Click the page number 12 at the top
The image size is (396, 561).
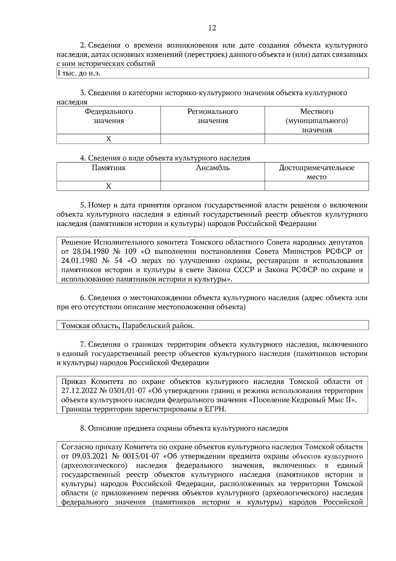pyautogui.click(x=212, y=28)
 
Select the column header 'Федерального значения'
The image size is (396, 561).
pyautogui.click(x=109, y=116)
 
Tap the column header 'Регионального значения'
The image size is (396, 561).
pyautogui.click(x=213, y=116)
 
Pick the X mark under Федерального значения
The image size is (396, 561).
pyautogui.click(x=109, y=139)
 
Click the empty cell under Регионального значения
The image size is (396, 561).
pyautogui.click(x=213, y=139)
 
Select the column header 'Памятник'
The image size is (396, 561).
pyautogui.click(x=109, y=168)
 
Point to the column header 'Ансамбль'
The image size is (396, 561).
pyautogui.click(x=213, y=168)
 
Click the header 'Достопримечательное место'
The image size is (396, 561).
pyautogui.click(x=316, y=172)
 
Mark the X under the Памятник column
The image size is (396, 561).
pyautogui.click(x=109, y=186)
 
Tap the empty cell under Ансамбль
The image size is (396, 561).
pyautogui.click(x=213, y=186)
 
